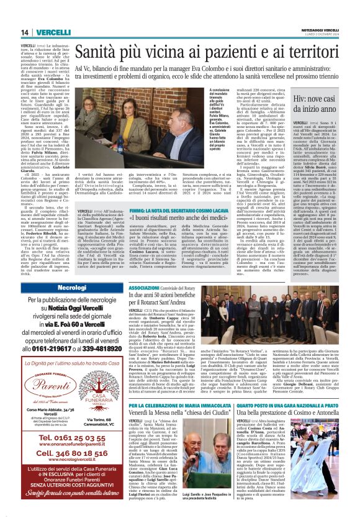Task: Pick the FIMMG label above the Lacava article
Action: pos(137,212)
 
